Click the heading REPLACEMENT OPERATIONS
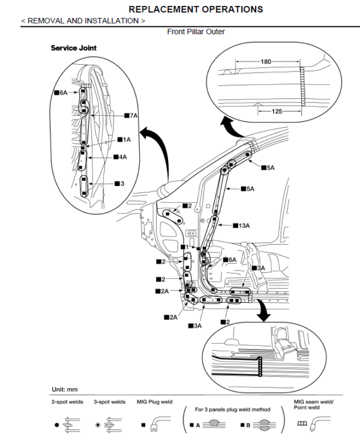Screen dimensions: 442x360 coord(196,9)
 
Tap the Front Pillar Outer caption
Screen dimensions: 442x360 coord(196,31)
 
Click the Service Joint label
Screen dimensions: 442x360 coord(73,48)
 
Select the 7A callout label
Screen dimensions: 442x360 coord(131,115)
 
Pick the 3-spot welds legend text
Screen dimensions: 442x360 coord(109,402)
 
